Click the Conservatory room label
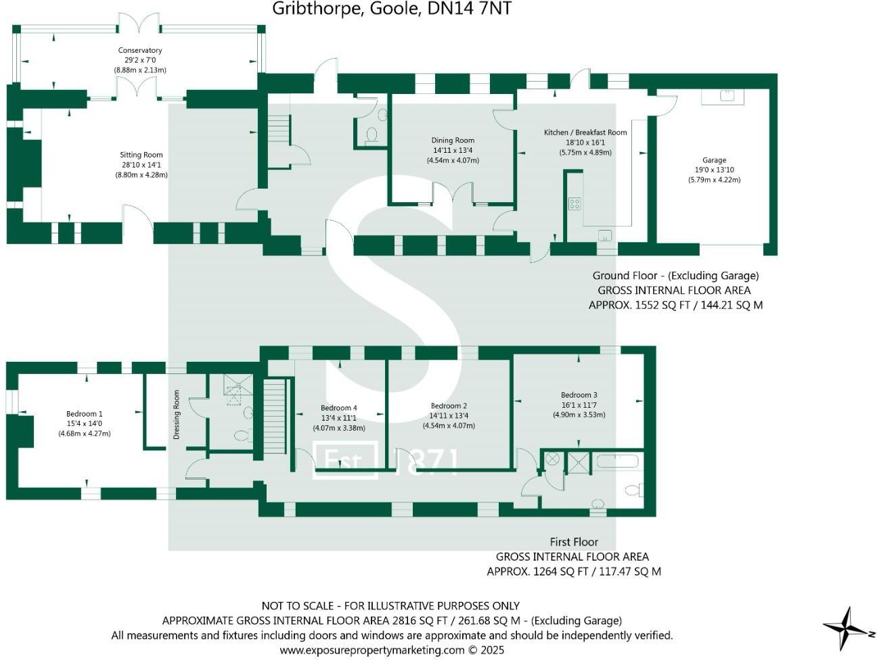140,51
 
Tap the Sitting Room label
141,156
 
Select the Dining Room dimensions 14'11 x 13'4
453,151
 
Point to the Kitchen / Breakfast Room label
585,133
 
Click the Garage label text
714,161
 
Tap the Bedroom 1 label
85,414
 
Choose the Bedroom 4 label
338,408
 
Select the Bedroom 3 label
579,395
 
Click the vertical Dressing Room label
177,415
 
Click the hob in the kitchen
575,204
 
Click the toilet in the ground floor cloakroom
372,136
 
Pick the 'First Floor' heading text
574,542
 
